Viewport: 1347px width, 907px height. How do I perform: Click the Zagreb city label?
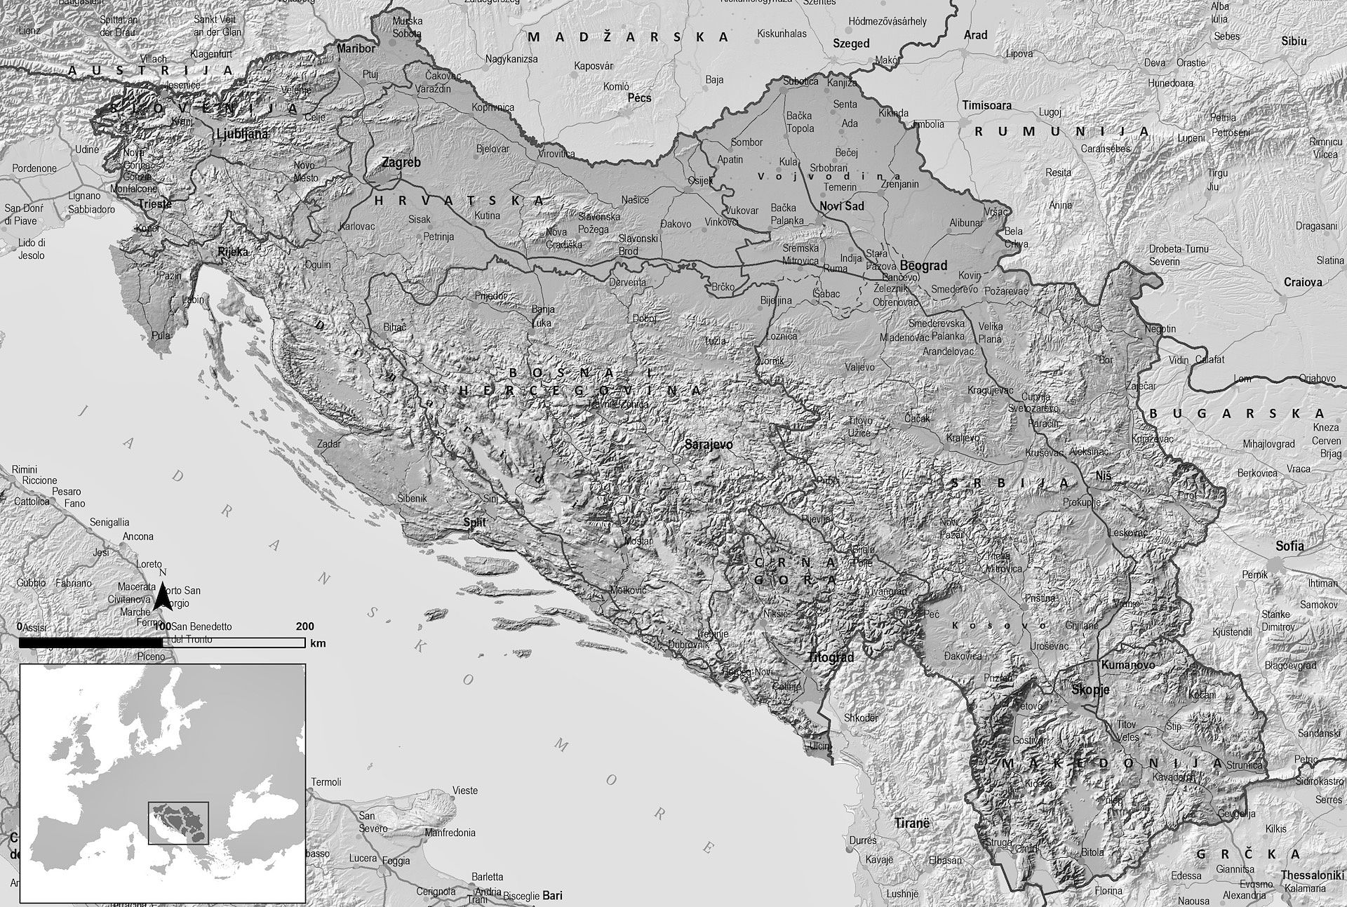(401, 163)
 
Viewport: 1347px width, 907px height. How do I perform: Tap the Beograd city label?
(923, 266)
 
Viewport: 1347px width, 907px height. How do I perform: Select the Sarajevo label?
(709, 445)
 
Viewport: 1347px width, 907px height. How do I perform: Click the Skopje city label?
(1090, 690)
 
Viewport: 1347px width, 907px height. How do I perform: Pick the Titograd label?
(831, 658)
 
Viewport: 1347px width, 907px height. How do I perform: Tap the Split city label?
(474, 523)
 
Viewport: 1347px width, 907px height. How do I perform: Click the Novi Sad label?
(842, 206)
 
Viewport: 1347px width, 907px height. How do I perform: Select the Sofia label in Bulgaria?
(1289, 546)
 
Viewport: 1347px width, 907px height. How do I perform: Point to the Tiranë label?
(911, 823)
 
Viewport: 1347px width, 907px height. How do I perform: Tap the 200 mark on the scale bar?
(305, 626)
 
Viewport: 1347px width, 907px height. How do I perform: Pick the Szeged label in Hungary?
(850, 43)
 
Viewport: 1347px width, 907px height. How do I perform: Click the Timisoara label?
(986, 105)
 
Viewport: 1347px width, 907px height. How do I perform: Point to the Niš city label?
(1103, 476)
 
